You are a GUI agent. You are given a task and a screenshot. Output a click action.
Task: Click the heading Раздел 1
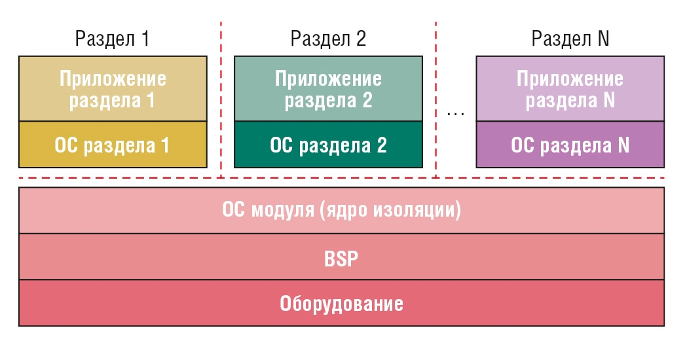coord(112,39)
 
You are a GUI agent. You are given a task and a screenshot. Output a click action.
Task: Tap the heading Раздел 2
coord(328,39)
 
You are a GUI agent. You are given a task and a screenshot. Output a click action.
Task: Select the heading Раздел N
coord(570,39)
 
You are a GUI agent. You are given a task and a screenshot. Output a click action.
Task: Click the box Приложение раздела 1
coord(113,88)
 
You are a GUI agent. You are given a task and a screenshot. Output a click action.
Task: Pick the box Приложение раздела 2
coord(329,88)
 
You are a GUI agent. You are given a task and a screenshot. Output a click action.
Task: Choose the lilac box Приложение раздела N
coord(570,88)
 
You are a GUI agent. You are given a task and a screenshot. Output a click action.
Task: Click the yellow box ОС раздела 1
coord(113,145)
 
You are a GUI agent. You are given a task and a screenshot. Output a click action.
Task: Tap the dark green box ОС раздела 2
coord(329,145)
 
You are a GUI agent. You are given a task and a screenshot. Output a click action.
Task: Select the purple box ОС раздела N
coord(570,145)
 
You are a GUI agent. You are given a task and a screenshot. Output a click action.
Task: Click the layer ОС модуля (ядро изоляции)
coord(341,210)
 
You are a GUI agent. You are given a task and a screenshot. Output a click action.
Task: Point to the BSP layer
coord(341,257)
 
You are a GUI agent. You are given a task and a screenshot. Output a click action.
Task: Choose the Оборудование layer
coord(341,303)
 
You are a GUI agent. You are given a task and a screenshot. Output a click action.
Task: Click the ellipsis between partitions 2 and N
coord(456,115)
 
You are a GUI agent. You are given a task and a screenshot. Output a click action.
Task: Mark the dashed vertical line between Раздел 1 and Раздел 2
coord(221,99)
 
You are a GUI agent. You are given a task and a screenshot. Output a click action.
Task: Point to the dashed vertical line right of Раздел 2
coord(436,99)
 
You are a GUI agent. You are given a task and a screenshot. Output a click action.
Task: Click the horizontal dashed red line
coord(341,178)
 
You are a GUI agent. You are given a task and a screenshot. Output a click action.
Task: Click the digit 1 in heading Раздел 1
coord(145,39)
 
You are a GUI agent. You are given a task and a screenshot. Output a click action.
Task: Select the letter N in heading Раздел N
coord(603,39)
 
